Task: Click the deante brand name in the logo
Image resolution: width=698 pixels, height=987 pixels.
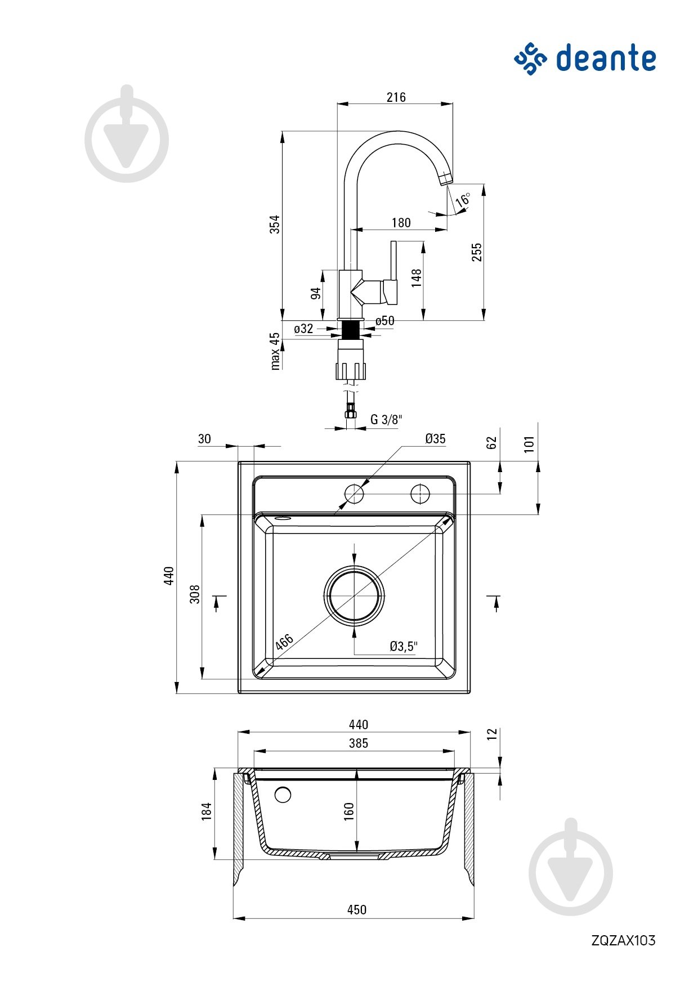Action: [x=606, y=59]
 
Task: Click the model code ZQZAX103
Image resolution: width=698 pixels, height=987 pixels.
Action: [x=623, y=940]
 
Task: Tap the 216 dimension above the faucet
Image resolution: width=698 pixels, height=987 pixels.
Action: [x=396, y=97]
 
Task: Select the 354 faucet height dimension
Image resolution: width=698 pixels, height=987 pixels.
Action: [x=275, y=224]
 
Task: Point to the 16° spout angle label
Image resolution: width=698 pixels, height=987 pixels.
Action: [x=463, y=199]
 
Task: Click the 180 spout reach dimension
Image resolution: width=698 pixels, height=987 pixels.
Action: [x=401, y=223]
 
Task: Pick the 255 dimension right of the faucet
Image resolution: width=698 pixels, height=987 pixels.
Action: [x=477, y=252]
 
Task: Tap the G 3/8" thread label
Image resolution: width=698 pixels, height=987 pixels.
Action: [x=386, y=419]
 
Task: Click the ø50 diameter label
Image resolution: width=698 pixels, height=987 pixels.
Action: [x=385, y=321]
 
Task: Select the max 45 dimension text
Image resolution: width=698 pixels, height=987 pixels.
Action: [x=275, y=351]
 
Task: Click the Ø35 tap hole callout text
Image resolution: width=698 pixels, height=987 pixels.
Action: [x=435, y=439]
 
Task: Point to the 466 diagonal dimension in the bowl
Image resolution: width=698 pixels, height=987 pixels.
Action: [x=284, y=641]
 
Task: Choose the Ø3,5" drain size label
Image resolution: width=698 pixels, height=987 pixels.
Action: [x=404, y=647]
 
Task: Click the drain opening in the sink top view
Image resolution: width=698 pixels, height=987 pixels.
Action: [x=354, y=595]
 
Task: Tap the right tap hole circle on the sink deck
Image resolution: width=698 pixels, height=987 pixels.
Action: [x=420, y=493]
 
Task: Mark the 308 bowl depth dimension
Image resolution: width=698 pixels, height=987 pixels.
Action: [x=195, y=594]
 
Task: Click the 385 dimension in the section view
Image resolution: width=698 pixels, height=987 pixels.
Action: [x=358, y=743]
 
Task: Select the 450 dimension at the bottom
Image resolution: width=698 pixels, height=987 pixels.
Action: [x=356, y=909]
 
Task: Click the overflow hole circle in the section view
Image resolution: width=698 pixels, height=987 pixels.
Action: [x=283, y=795]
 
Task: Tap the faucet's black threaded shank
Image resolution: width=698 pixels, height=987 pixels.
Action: [x=351, y=329]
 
